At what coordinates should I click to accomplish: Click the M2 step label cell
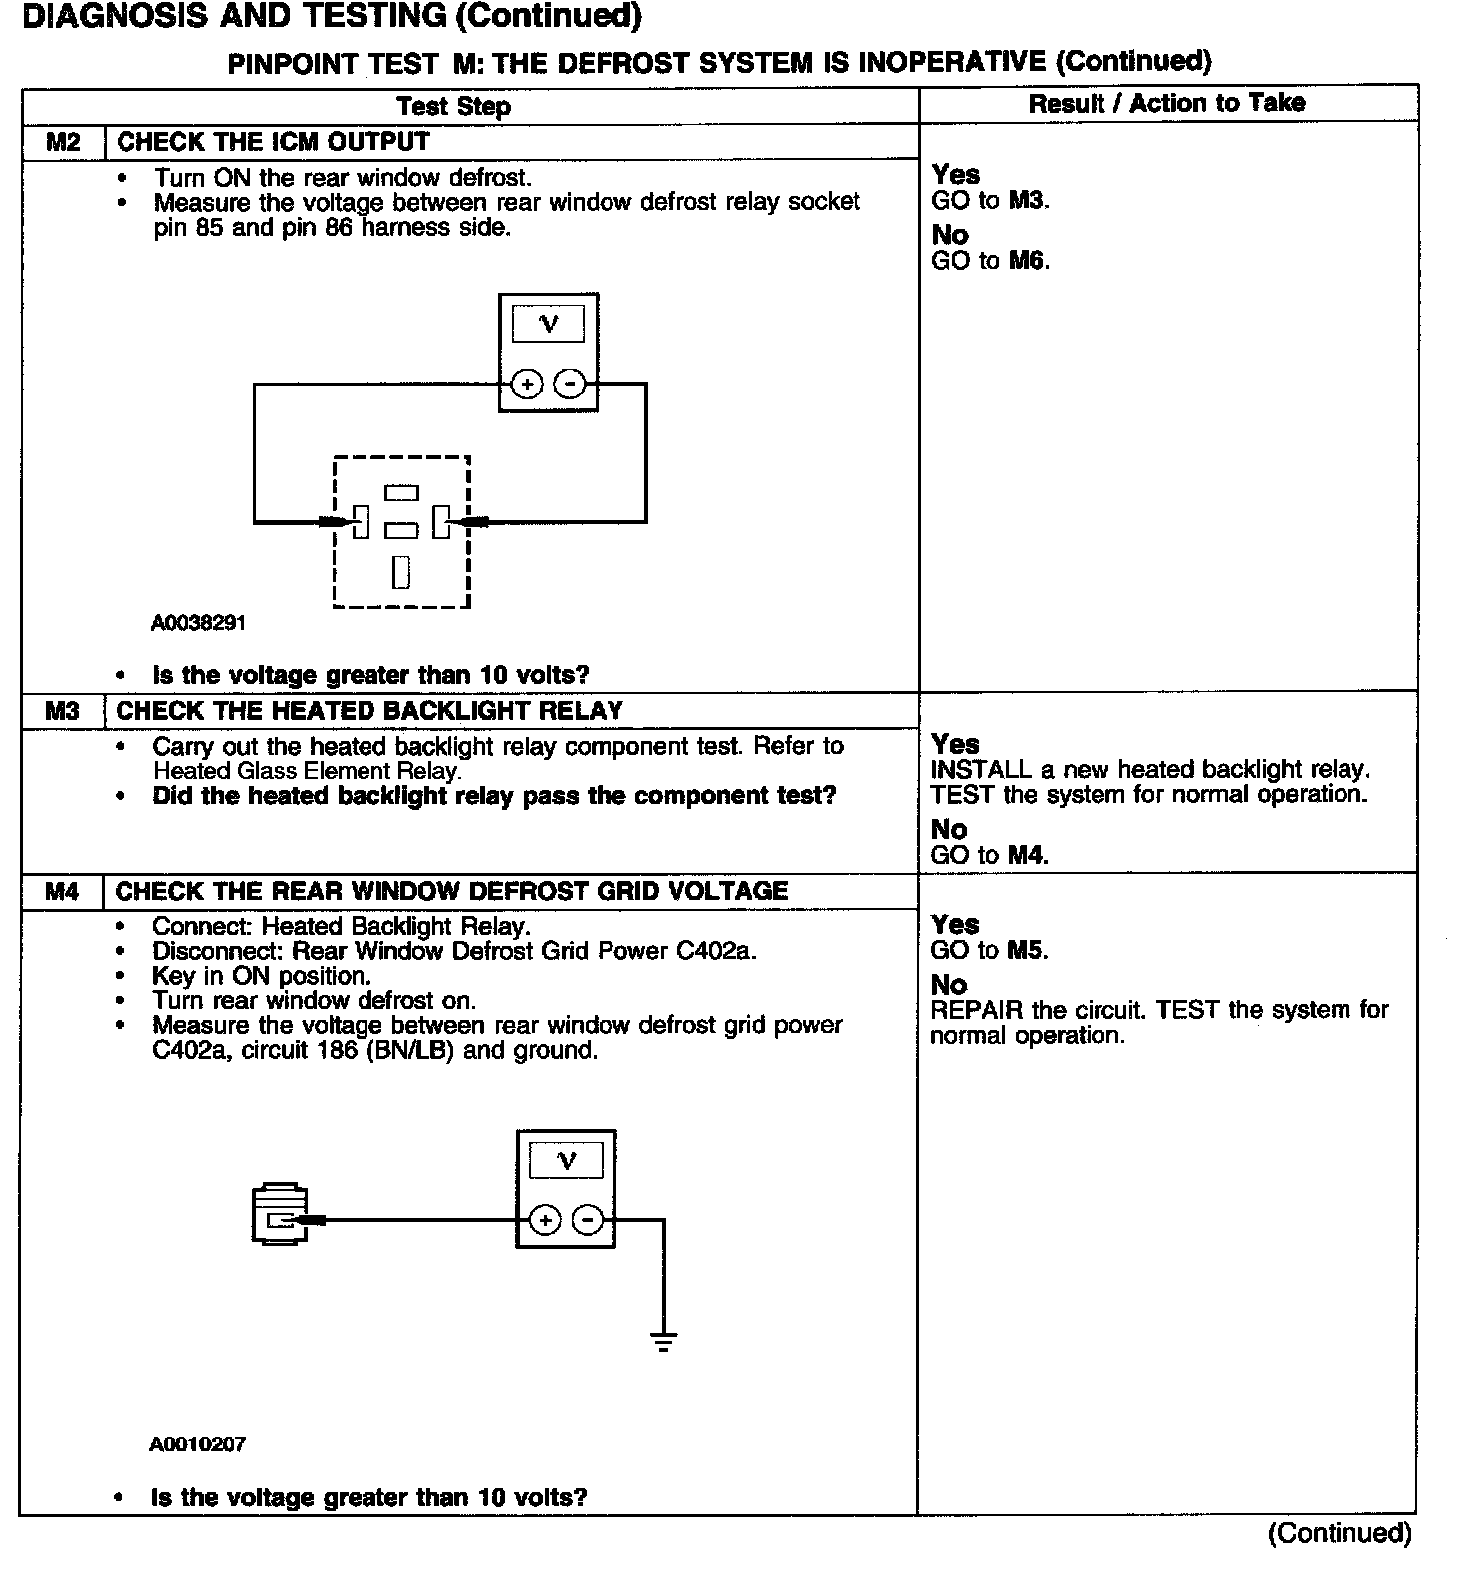point(63,142)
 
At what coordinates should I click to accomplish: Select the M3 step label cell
point(62,711)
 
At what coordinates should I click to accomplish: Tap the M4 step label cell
point(62,891)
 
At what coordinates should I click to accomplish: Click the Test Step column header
point(453,106)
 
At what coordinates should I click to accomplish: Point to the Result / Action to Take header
point(1166,103)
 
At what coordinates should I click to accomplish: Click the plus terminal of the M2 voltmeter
point(527,384)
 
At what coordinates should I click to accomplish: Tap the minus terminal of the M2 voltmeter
point(569,384)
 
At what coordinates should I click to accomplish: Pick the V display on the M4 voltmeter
point(566,1161)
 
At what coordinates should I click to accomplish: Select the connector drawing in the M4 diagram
point(280,1213)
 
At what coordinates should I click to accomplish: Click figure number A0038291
point(198,623)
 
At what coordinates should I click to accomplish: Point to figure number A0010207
point(197,1443)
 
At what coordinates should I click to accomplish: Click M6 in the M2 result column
point(1029,261)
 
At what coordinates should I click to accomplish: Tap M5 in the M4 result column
point(1028,950)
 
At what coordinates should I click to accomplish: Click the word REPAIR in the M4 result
point(977,1010)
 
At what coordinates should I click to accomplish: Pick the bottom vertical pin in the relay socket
point(401,572)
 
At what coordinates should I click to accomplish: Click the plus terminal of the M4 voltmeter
point(544,1220)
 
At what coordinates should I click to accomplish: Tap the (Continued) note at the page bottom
point(1340,1533)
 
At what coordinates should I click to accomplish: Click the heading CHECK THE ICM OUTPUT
point(273,142)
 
